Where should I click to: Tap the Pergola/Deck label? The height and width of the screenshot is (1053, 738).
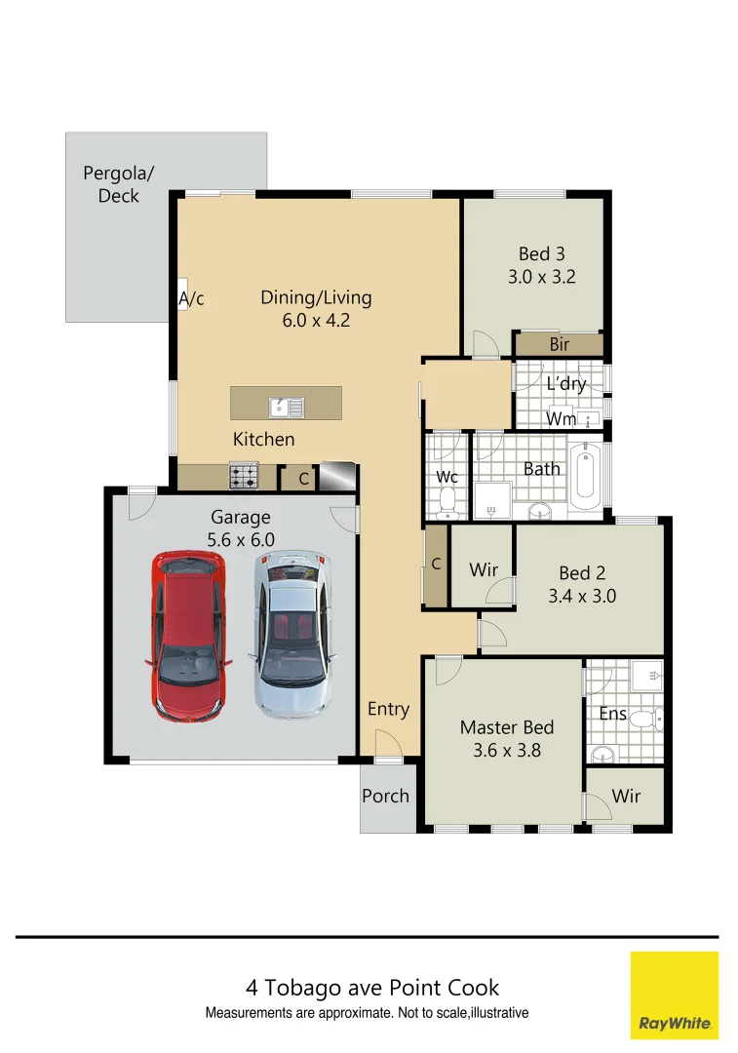pyautogui.click(x=118, y=184)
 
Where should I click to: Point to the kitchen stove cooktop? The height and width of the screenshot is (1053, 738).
pyautogui.click(x=244, y=477)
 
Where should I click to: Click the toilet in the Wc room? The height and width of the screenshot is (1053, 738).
pyautogui.click(x=447, y=501)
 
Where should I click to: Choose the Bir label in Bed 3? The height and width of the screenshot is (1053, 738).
pyautogui.click(x=560, y=344)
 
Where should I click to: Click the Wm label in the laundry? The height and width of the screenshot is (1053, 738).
pyautogui.click(x=561, y=418)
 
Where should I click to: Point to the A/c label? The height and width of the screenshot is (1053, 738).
pyautogui.click(x=191, y=298)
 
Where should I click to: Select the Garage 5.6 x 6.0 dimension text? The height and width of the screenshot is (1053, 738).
pyautogui.click(x=241, y=539)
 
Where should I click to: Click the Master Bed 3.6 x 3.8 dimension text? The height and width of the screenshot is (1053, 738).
pyautogui.click(x=507, y=750)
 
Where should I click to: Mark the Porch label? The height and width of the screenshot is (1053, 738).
pyautogui.click(x=385, y=796)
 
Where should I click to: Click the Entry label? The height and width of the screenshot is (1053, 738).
pyautogui.click(x=388, y=709)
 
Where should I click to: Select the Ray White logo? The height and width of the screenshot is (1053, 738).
pyautogui.click(x=674, y=994)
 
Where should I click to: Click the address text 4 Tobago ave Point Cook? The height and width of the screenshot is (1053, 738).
pyautogui.click(x=371, y=988)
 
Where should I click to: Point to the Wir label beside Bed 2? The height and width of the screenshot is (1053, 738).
pyautogui.click(x=484, y=569)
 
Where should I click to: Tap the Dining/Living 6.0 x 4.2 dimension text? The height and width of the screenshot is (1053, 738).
pyautogui.click(x=316, y=319)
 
